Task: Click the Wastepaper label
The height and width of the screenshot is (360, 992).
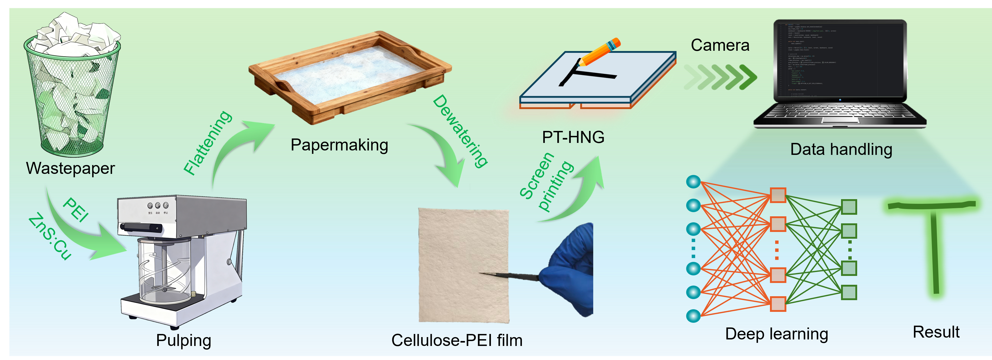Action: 71,168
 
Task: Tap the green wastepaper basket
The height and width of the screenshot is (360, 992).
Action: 72,96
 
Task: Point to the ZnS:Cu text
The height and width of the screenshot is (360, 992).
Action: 50,237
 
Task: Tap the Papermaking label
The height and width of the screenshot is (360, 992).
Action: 339,145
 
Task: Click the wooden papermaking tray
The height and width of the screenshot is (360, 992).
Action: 349,77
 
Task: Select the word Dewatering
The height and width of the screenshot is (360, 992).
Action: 460,131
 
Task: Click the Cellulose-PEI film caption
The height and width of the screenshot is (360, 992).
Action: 457,340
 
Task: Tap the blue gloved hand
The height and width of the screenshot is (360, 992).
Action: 570,269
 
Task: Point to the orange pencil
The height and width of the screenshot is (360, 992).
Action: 599,52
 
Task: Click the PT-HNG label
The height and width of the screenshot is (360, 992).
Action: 573,137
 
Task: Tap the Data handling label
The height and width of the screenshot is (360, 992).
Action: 841,149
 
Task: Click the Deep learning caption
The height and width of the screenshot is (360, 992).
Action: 776,334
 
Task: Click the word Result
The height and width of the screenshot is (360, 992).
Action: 936,332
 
